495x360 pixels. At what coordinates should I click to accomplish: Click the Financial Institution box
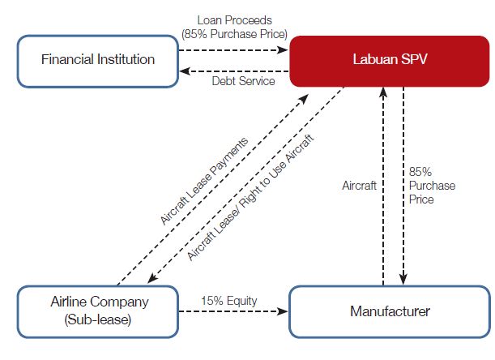tap(98, 59)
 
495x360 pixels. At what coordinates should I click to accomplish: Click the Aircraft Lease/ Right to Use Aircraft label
tap(251, 194)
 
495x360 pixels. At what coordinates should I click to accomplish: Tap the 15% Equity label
tap(229, 301)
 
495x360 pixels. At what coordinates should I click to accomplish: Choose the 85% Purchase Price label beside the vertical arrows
tap(433, 186)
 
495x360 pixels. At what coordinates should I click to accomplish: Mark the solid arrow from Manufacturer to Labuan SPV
tap(383, 186)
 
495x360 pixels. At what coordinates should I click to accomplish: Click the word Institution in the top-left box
tap(126, 59)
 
